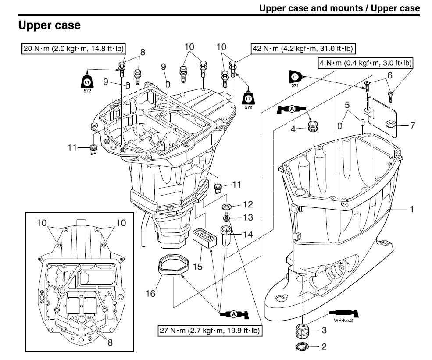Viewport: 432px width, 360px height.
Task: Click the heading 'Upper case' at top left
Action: click(x=49, y=25)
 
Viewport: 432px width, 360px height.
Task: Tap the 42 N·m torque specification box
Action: click(x=303, y=47)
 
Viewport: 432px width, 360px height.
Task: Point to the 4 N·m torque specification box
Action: click(x=365, y=64)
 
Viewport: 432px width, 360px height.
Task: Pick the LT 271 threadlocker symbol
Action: click(x=294, y=79)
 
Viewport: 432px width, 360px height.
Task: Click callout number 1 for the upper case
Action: click(x=412, y=209)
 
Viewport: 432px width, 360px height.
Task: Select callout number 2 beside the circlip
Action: click(x=324, y=347)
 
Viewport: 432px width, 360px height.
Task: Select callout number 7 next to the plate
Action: click(x=412, y=126)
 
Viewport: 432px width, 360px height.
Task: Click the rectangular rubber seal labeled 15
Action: click(x=204, y=238)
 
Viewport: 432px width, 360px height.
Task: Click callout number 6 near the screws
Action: click(x=389, y=75)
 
